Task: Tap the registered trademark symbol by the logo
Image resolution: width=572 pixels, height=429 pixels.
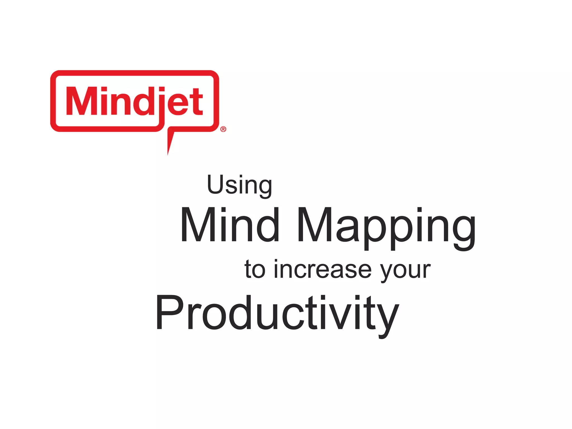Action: tap(223, 129)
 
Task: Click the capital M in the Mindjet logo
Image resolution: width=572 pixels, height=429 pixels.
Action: tap(80, 101)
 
